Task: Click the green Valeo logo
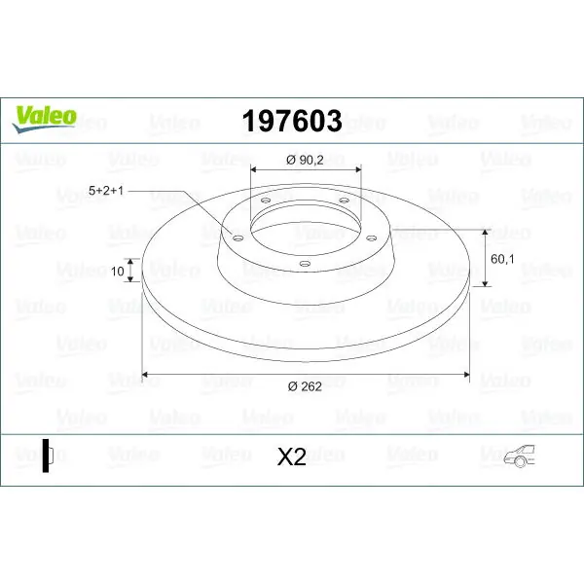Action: coord(45,119)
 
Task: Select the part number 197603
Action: coord(292,121)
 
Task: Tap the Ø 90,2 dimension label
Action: coord(305,161)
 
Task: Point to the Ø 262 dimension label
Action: coord(305,386)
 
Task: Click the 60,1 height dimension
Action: coord(502,259)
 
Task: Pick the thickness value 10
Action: coord(118,272)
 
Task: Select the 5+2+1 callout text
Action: coord(106,191)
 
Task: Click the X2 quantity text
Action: coord(292,456)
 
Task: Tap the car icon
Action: coord(519,456)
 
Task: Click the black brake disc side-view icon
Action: coord(48,456)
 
